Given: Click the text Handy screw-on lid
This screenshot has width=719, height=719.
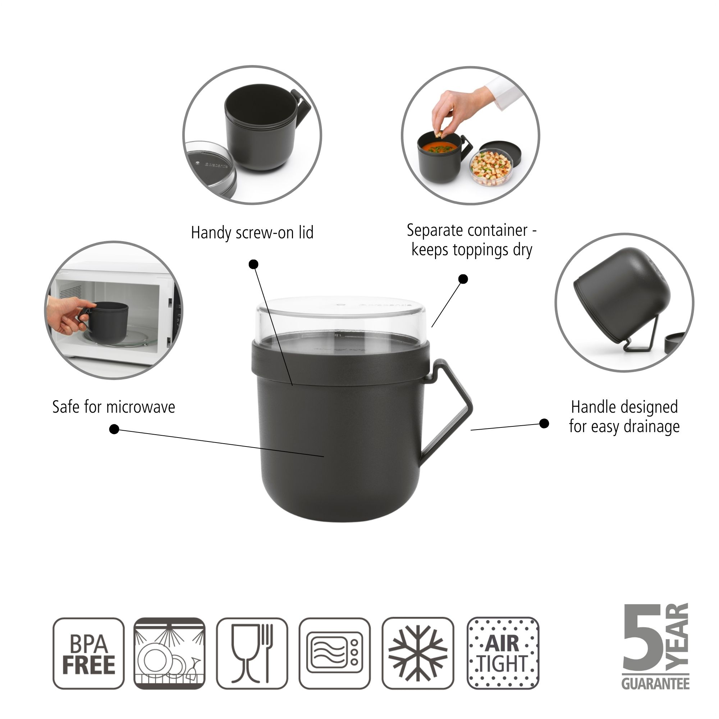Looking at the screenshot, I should click(252, 233).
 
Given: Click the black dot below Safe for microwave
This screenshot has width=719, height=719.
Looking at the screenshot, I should click(114, 429).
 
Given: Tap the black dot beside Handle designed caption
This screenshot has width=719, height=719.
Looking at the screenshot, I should click(544, 423).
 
